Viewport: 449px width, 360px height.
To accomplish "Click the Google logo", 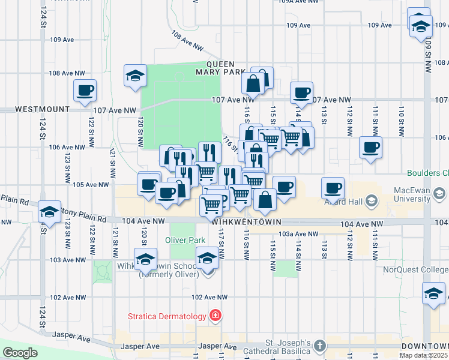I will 20,353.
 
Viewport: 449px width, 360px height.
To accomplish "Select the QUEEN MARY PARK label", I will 227,68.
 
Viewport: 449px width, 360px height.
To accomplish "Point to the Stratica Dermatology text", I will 166,316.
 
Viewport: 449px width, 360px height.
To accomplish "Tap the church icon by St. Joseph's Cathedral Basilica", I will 321,346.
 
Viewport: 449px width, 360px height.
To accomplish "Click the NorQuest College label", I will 421,270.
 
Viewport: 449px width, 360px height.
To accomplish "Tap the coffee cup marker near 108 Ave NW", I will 85,91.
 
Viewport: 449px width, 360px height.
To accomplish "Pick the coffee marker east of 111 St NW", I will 370,148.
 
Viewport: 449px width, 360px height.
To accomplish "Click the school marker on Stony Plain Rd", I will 49,212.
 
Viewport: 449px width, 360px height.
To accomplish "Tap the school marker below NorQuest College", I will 433,295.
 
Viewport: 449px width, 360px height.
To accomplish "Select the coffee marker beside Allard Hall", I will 333,189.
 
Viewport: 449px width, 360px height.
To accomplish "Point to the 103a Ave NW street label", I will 298,234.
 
